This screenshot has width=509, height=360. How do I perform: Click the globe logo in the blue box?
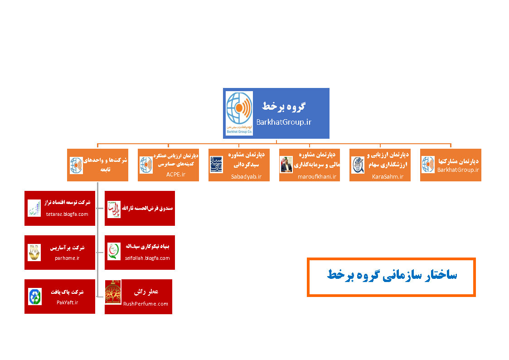coord(239,112)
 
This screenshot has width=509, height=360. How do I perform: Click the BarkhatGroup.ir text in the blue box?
coord(284,122)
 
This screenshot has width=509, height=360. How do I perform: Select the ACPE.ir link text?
coord(176,174)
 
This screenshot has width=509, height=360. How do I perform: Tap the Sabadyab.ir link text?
coord(246,176)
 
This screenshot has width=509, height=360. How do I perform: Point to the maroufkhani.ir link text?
coord(317,176)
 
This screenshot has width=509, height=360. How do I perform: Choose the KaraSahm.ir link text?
coord(388,176)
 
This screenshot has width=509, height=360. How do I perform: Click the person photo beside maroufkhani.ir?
coord(286,165)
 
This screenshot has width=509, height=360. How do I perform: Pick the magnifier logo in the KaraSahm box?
coord(358,165)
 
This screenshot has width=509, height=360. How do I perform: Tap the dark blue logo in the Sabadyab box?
coord(216,165)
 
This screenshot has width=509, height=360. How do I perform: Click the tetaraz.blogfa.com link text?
coord(67,214)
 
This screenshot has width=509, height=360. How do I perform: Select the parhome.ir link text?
coord(67,258)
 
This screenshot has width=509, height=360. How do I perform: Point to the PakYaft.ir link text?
coord(68,302)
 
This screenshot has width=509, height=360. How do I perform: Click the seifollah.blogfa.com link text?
coord(147,258)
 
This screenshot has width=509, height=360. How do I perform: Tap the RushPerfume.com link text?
coord(145,304)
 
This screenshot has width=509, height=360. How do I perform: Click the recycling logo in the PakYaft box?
coord(34,297)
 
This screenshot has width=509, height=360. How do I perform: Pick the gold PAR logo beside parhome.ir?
coord(34,253)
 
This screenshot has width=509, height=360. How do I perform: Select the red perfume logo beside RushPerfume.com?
coord(113,292)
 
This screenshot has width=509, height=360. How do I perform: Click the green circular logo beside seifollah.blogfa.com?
coord(114,251)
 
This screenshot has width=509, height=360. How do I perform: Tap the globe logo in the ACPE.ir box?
coord(146,165)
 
